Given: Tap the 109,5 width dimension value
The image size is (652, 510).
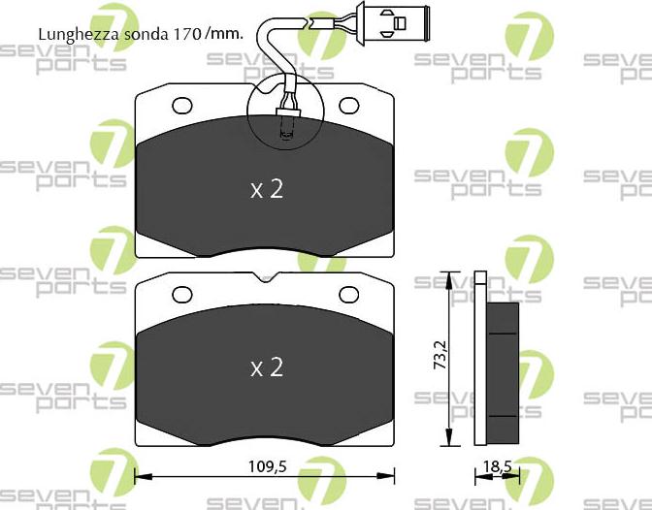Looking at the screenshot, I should coord(267,466).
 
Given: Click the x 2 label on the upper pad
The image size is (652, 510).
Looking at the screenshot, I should coord(266,189).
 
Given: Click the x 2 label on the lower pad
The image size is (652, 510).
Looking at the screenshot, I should coord(266,367).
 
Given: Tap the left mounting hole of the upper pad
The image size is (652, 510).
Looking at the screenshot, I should coord(182,105).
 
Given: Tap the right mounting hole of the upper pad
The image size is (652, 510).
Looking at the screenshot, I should coord(349,105).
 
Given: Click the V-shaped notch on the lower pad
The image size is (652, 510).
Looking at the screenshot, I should coord(266,280).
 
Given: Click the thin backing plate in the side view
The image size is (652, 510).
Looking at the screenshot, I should coord(479,359).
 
